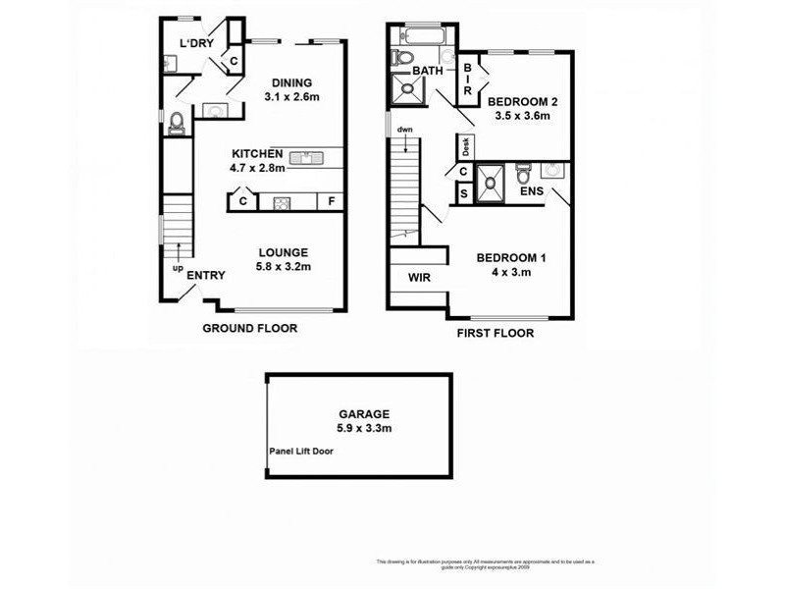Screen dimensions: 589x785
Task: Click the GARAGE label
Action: click(359, 413)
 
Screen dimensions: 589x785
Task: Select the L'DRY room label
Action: click(196, 43)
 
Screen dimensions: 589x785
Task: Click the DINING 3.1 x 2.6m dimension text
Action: click(292, 97)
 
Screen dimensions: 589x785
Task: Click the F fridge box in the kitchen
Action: click(331, 202)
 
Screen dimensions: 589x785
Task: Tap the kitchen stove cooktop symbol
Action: click(281, 203)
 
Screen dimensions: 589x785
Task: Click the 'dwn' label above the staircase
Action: click(404, 131)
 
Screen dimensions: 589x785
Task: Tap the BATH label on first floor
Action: click(427, 72)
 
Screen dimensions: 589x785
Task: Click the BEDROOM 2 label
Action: click(523, 101)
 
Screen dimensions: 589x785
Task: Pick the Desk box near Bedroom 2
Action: click(466, 147)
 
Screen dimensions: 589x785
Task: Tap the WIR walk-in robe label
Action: click(420, 278)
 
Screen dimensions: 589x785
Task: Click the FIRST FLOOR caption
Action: click(496, 334)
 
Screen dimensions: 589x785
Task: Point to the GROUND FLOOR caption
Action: click(249, 328)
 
